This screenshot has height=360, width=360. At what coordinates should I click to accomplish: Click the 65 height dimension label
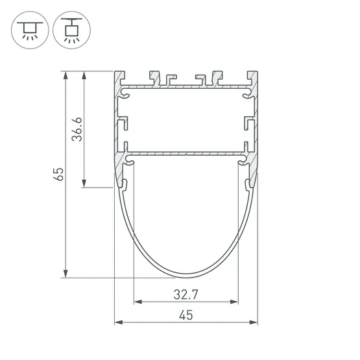(x=58, y=174)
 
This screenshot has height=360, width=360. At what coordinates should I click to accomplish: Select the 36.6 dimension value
(x=77, y=129)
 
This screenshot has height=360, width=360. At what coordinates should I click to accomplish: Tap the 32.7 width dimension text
(x=186, y=294)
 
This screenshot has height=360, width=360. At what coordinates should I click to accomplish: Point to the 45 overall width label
(x=186, y=315)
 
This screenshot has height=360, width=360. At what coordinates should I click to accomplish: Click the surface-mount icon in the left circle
(x=30, y=30)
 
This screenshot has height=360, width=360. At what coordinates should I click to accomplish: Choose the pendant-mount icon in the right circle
(x=71, y=30)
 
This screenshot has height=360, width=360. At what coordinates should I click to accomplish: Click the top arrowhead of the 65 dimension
(x=66, y=75)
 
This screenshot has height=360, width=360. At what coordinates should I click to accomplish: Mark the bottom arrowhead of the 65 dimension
(x=66, y=274)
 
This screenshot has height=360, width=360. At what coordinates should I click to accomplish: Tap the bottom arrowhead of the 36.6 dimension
(x=84, y=184)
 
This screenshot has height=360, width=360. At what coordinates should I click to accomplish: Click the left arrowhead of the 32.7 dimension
(x=138, y=302)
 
